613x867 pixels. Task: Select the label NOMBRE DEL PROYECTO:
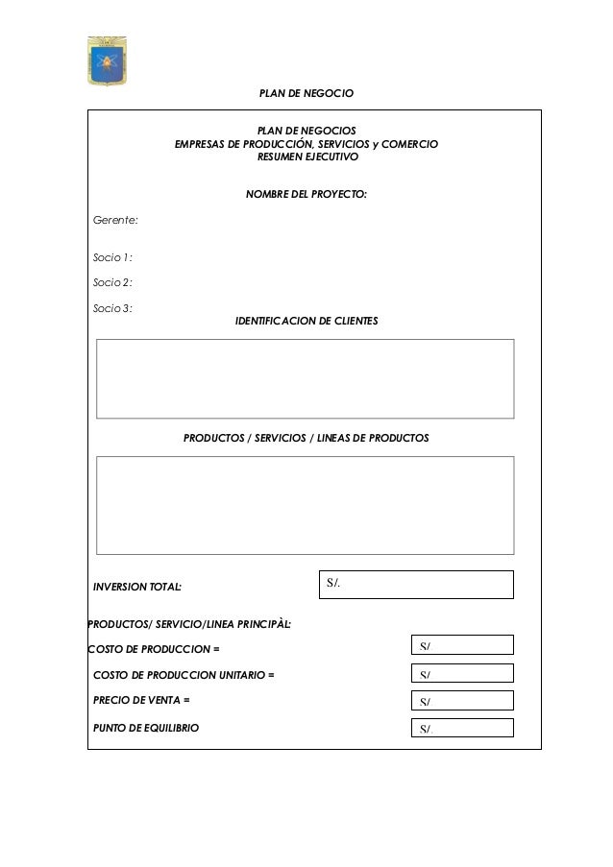click(x=306, y=194)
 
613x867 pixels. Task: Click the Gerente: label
click(x=115, y=221)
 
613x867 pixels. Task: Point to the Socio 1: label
click(x=112, y=257)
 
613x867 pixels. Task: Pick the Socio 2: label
click(x=112, y=282)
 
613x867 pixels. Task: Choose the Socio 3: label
click(x=112, y=308)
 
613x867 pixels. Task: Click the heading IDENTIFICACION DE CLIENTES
click(x=306, y=320)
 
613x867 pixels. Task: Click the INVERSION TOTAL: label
click(x=136, y=585)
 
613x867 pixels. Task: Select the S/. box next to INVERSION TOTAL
click(x=415, y=584)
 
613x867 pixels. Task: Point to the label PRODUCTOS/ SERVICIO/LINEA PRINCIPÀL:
click(x=189, y=625)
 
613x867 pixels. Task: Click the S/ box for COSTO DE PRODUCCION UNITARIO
click(x=462, y=674)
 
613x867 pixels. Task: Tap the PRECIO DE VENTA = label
click(x=140, y=701)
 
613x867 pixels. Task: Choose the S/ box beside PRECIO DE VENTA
click(x=462, y=701)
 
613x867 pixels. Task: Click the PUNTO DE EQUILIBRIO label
click(x=146, y=729)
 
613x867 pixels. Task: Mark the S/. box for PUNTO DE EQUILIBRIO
click(x=462, y=728)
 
